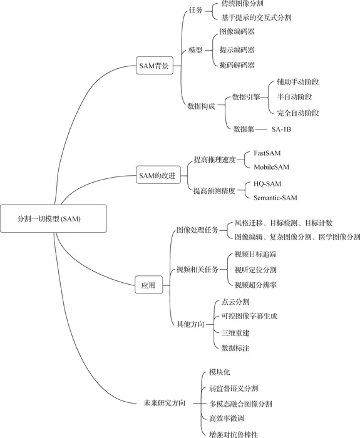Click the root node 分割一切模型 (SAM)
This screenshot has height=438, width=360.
(x=49, y=220)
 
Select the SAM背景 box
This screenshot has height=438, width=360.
(x=153, y=64)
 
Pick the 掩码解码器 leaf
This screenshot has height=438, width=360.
(x=237, y=64)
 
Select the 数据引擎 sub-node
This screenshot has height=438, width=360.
(x=246, y=97)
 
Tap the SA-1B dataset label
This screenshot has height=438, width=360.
(x=281, y=129)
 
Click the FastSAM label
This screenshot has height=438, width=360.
(x=267, y=153)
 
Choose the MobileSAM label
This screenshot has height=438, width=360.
(x=271, y=167)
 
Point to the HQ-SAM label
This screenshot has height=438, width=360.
(x=268, y=184)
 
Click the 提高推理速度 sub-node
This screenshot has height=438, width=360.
(x=214, y=160)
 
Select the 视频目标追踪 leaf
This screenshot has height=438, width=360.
(x=255, y=254)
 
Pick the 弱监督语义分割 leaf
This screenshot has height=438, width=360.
(x=233, y=389)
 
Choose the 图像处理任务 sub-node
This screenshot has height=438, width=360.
(x=198, y=230)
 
